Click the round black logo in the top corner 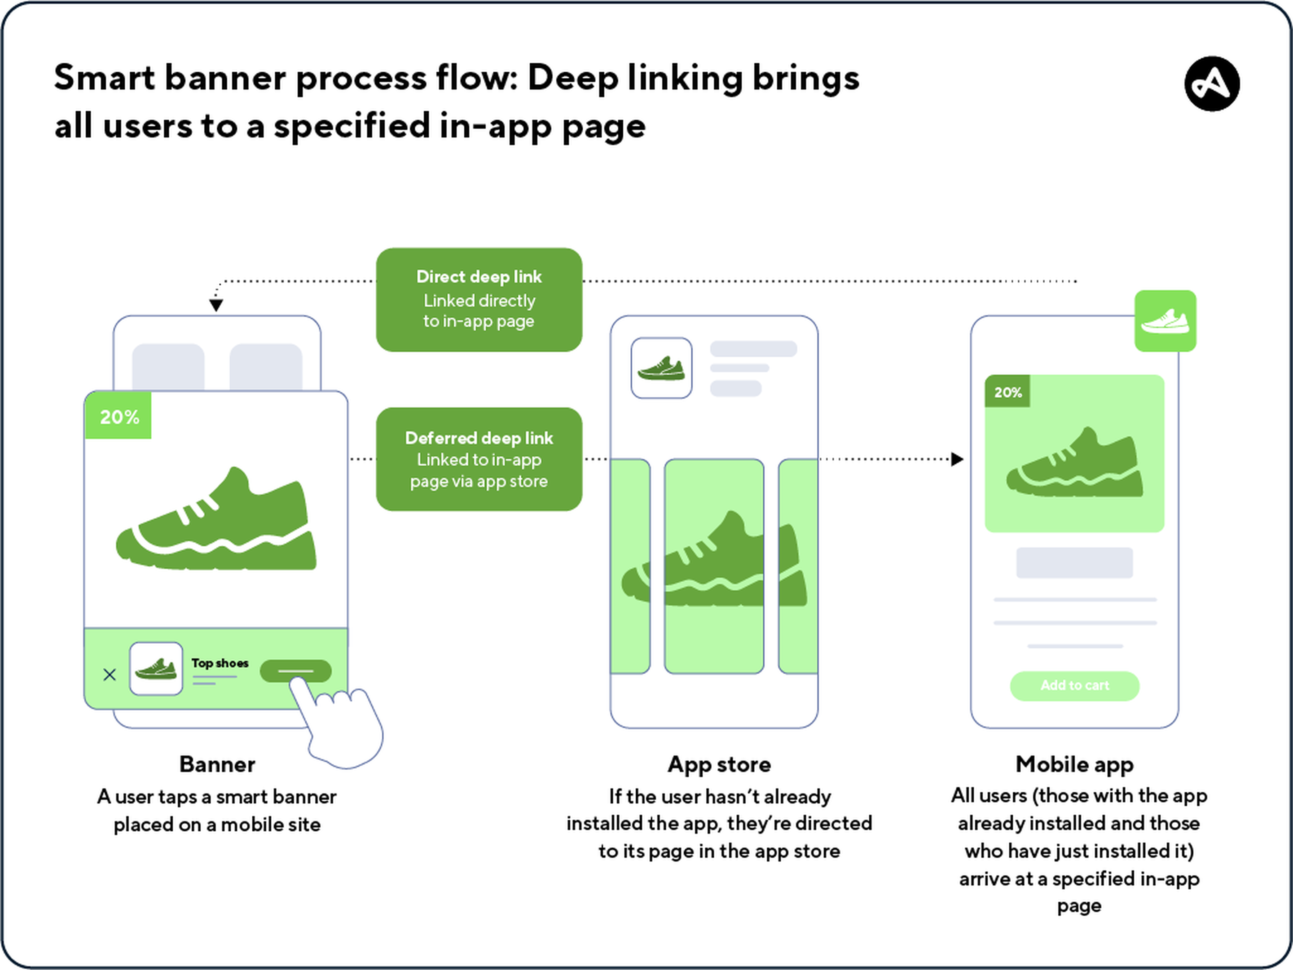(x=1212, y=83)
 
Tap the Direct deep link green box (x=479, y=299)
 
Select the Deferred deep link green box (x=479, y=459)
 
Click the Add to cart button (x=1074, y=685)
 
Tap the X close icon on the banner (x=109, y=675)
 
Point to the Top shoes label (x=220, y=663)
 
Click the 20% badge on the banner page (x=119, y=417)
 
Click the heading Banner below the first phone (x=217, y=764)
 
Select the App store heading (x=719, y=764)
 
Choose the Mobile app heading (x=1074, y=764)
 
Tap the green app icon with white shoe (x=1165, y=321)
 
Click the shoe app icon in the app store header (x=661, y=368)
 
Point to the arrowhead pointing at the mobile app (x=957, y=459)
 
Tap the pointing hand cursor (x=342, y=724)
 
